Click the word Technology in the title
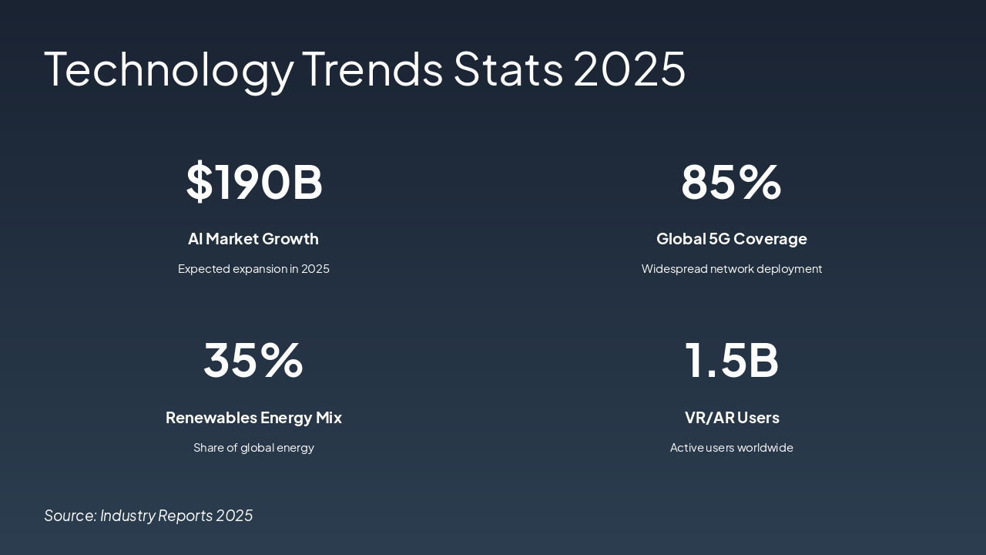click(x=169, y=69)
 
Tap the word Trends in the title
click(x=372, y=69)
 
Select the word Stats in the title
click(x=508, y=69)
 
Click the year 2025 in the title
click(x=629, y=69)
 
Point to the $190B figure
click(x=253, y=182)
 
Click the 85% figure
click(x=731, y=182)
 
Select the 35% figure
click(x=253, y=360)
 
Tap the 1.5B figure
click(x=731, y=360)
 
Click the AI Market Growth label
click(x=253, y=239)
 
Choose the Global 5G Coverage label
click(x=731, y=239)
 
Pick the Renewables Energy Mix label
click(x=253, y=418)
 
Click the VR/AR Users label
click(x=731, y=418)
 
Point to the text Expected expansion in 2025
click(x=253, y=269)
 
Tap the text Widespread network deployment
click(x=731, y=269)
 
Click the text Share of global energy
click(x=253, y=448)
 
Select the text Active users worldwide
click(x=731, y=448)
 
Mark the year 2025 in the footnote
click(x=234, y=516)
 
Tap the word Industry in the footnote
click(x=127, y=516)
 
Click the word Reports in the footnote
click(x=185, y=516)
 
